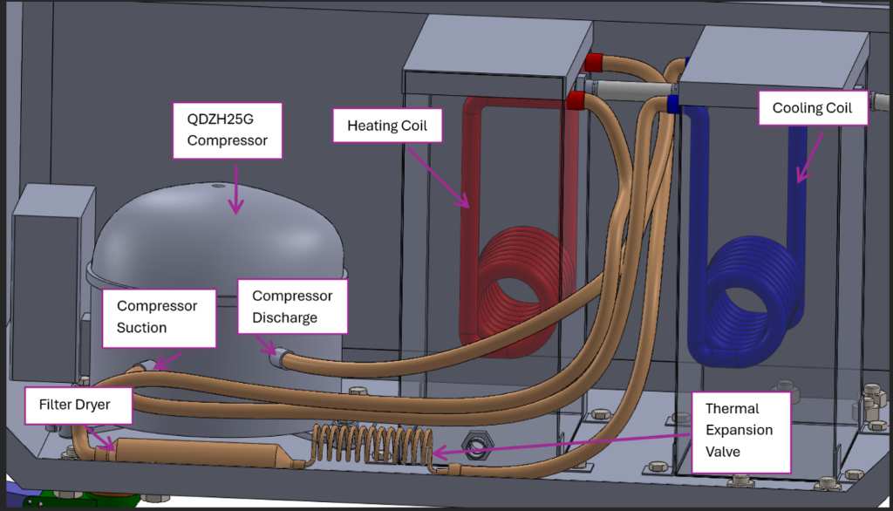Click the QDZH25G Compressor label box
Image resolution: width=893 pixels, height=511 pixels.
228,131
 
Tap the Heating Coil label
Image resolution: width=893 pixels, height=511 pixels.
387,126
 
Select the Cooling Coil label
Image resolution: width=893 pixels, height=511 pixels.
813,107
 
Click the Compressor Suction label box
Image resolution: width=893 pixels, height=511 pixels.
159,318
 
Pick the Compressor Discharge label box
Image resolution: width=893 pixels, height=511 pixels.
292,306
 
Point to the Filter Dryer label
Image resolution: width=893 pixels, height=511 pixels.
78,405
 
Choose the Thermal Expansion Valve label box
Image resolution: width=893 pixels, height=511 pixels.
741,433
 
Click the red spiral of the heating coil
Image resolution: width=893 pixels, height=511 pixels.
515,291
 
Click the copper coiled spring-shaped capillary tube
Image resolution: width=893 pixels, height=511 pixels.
372,445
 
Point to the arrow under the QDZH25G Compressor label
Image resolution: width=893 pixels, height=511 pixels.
235,190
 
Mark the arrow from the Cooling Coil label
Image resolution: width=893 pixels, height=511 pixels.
809,159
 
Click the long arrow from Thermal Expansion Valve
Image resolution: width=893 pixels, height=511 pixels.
561,445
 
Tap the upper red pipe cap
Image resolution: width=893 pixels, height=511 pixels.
593,62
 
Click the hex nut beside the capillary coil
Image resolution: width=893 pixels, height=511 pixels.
477,443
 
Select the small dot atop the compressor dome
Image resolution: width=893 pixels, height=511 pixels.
217,185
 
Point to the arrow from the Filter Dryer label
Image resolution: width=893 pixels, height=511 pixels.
101,439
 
